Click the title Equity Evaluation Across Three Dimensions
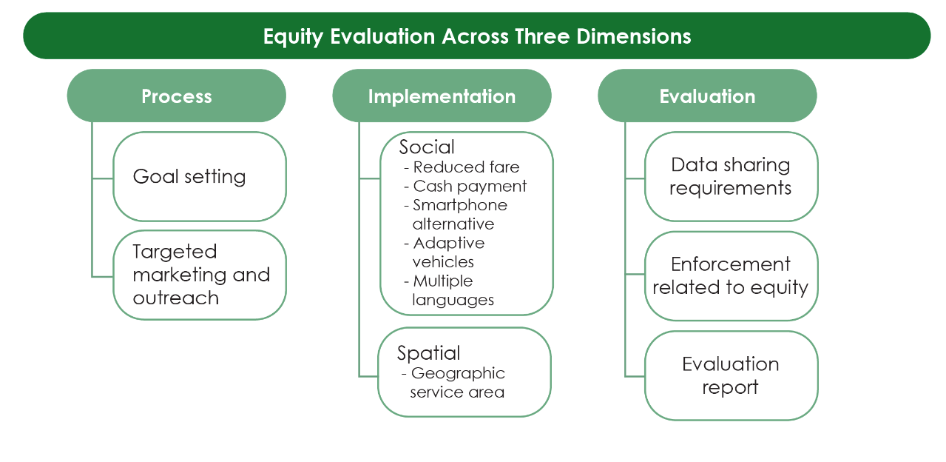(477, 36)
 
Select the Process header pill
(176, 96)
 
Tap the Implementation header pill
(442, 96)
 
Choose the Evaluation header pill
(707, 96)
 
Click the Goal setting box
(199, 176)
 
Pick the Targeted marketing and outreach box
(199, 275)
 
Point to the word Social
(427, 147)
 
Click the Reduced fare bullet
(466, 167)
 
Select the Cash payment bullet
(470, 186)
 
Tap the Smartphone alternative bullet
(459, 214)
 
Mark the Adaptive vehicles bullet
(447, 252)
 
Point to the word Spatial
(428, 352)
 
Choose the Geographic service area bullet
(457, 383)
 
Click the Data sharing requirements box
(731, 176)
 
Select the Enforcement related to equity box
(731, 275)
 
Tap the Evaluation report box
(731, 375)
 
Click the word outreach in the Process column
(176, 298)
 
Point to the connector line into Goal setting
(103, 178)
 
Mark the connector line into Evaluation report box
(635, 375)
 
